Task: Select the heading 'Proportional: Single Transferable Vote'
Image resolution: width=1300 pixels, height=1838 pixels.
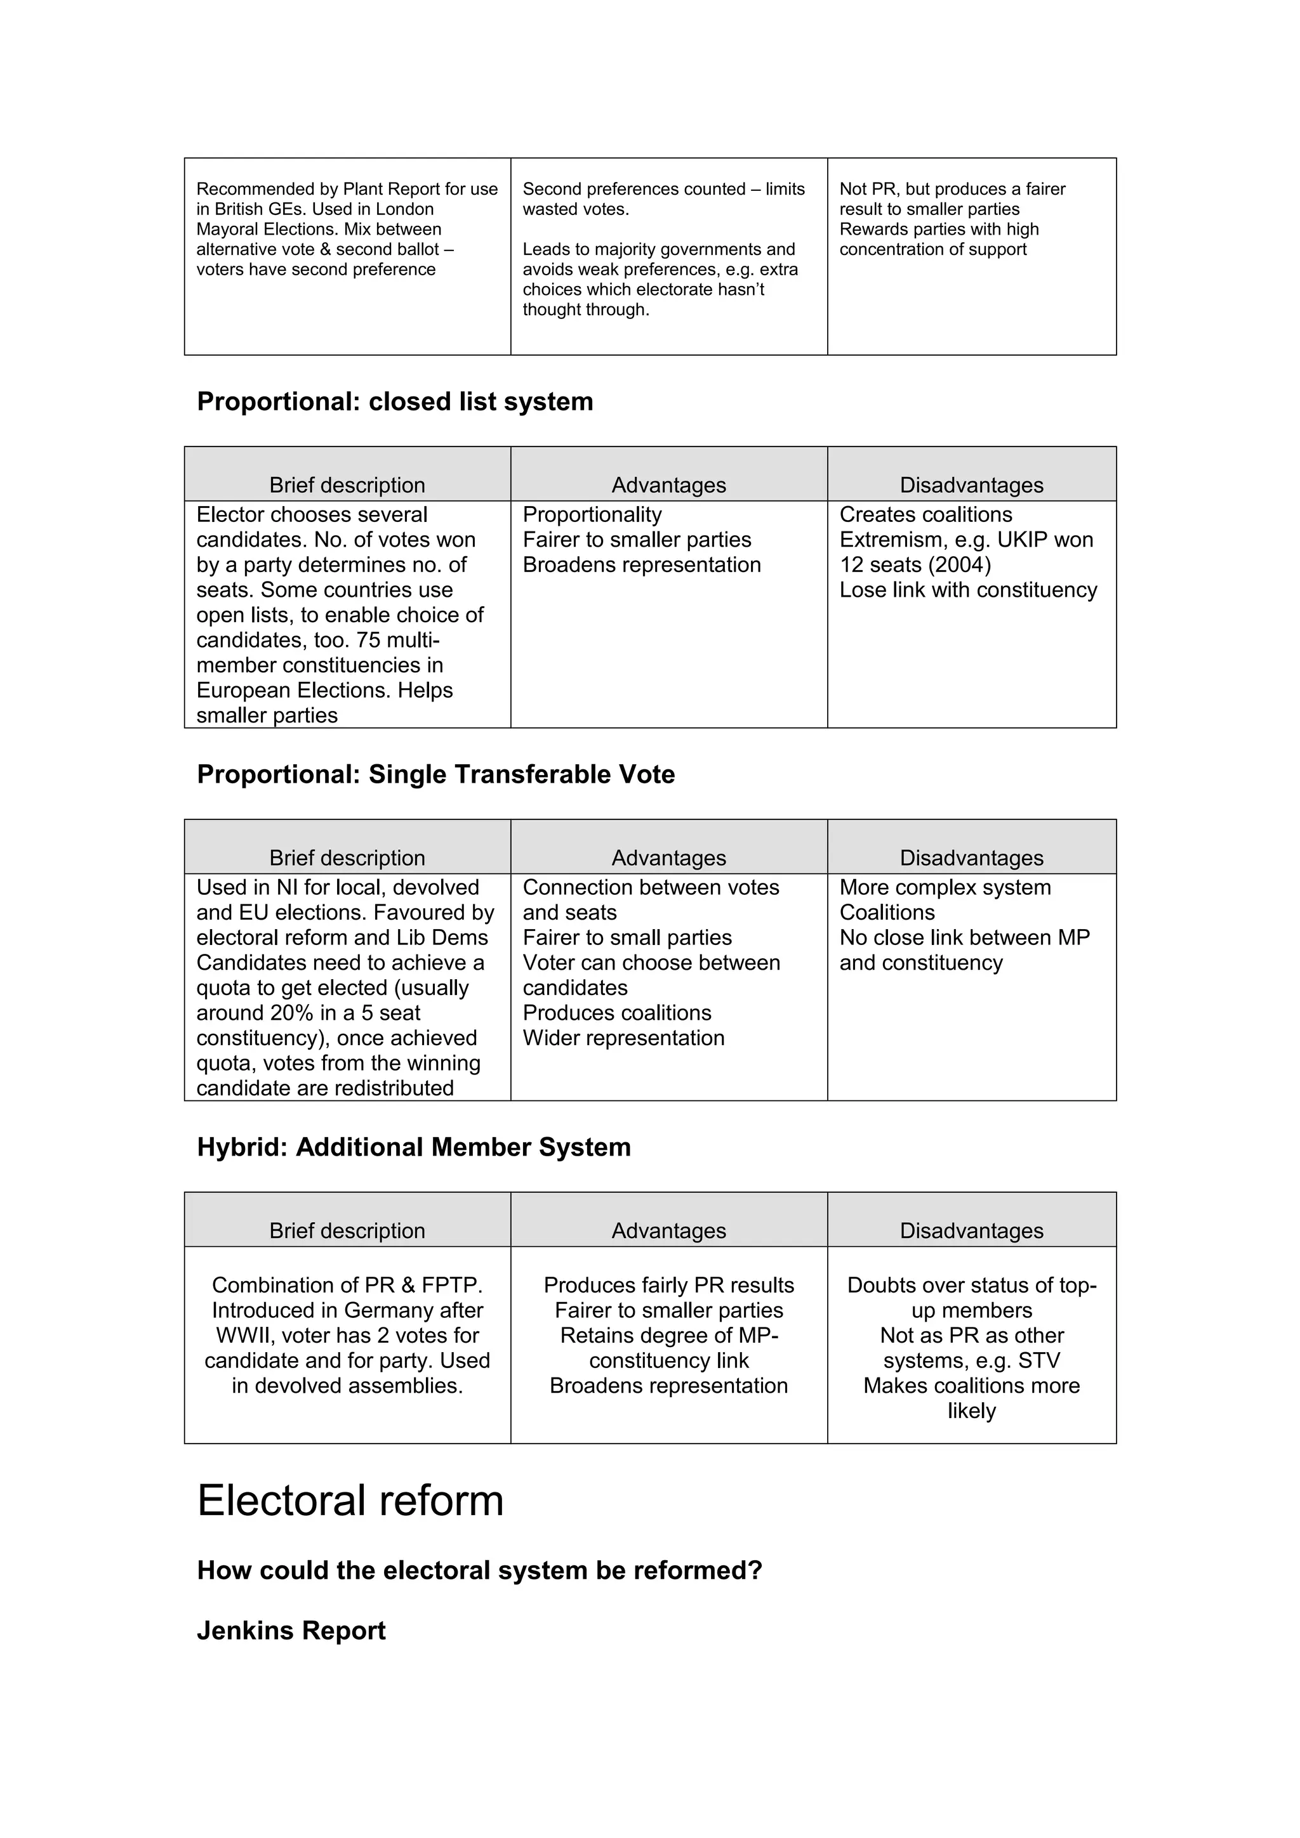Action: click(435, 774)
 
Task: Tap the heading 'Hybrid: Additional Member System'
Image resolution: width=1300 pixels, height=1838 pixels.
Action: click(413, 1147)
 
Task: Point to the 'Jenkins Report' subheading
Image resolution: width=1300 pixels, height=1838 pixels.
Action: click(291, 1631)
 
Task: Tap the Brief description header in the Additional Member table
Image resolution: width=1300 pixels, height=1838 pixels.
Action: click(347, 1231)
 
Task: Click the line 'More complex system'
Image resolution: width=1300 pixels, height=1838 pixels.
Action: click(945, 888)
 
